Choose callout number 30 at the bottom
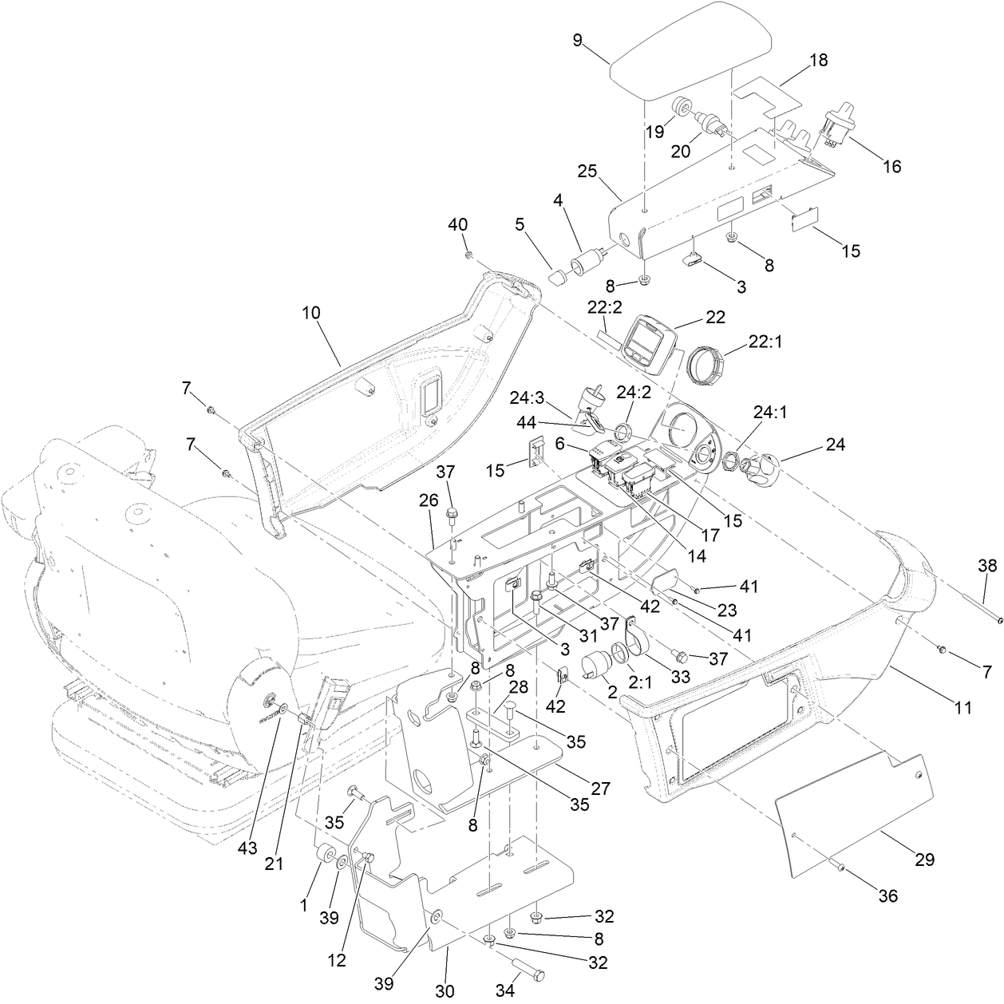click(445, 990)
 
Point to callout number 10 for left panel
click(311, 312)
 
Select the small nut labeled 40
click(469, 254)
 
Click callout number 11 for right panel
click(963, 706)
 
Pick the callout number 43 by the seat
click(248, 848)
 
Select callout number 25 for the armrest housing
click(587, 171)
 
